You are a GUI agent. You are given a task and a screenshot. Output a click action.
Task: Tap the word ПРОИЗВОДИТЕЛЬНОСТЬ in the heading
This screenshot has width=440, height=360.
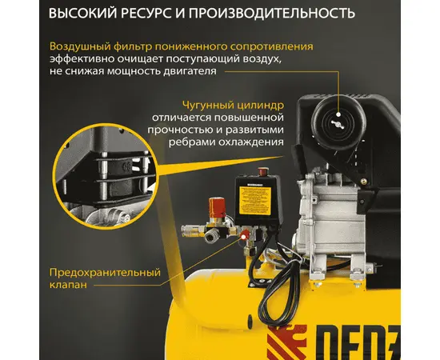pos(272,13)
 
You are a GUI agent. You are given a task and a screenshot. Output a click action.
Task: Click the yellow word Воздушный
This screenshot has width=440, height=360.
pos(80,46)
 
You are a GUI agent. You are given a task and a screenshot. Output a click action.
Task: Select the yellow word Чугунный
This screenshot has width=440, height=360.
pos(207,106)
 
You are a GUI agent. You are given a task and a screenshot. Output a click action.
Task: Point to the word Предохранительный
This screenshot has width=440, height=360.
pos(105,272)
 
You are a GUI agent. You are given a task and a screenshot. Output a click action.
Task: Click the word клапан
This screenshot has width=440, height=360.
pos(68,285)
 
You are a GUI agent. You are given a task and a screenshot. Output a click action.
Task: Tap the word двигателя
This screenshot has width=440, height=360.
pos(190,71)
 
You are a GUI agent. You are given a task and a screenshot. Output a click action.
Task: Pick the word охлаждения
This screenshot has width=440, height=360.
pos(250,142)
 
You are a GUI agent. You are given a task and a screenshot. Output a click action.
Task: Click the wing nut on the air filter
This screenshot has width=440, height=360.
pos(338,124)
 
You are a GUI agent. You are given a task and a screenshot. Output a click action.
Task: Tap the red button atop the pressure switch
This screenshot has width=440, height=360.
pos(262,171)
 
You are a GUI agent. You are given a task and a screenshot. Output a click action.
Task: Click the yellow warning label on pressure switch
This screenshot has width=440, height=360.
pos(255,200)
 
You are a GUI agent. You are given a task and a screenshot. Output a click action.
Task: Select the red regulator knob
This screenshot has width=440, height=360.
pos(217,208)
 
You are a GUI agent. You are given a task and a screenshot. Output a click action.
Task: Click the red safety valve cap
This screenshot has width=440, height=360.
pos(245,234)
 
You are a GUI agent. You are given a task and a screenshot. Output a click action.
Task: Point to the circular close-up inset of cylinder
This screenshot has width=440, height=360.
pos(106,176)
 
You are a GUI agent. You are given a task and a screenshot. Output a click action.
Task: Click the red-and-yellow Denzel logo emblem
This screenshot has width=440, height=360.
pos(286,342)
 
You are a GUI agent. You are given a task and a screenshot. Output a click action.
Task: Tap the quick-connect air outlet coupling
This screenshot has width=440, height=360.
pos(193,230)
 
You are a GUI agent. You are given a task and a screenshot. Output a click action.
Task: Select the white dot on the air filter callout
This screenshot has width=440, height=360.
pos(338,114)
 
